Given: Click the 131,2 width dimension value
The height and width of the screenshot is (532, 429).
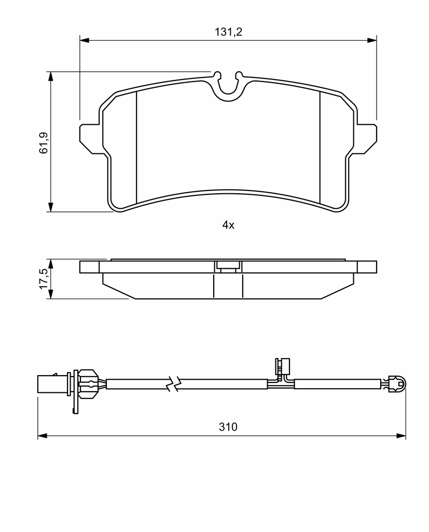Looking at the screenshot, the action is (x=228, y=32).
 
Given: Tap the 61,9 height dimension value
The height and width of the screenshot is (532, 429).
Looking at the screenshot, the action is (x=44, y=143).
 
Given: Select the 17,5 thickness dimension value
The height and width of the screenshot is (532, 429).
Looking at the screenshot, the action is (x=44, y=279).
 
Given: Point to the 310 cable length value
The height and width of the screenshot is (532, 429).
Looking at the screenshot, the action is (x=228, y=427).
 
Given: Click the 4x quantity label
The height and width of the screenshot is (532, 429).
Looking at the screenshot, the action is (x=228, y=224).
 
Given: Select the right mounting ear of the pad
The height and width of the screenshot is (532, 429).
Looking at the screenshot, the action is (x=365, y=139).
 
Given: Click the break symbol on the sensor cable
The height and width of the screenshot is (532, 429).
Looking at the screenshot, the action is (x=174, y=384).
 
